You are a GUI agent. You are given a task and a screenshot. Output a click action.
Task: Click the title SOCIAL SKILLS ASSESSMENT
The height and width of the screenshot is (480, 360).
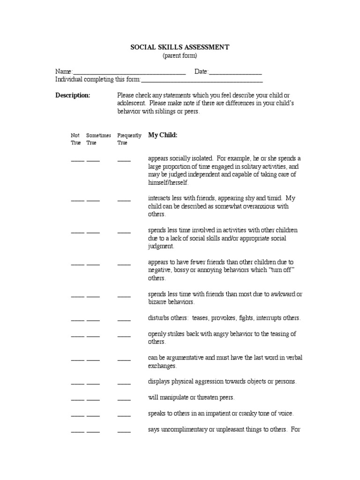tap(180, 47)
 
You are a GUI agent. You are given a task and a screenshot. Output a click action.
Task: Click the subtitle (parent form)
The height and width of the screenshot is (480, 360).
tap(180, 55)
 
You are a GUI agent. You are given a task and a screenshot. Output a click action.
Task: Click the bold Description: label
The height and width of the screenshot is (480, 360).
tap(73, 96)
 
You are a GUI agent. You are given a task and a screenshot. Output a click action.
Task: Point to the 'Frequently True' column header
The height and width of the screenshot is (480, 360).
tap(129, 139)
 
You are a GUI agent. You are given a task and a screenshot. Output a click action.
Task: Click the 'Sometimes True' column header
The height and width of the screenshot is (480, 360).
tap(98, 139)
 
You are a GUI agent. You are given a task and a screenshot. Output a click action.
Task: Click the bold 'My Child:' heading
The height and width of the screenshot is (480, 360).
tap(163, 135)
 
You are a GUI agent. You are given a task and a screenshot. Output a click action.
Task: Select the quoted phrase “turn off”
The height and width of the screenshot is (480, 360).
tap(284, 270)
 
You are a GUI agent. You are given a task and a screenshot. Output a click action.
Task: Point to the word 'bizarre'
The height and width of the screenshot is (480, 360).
tap(158, 302)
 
